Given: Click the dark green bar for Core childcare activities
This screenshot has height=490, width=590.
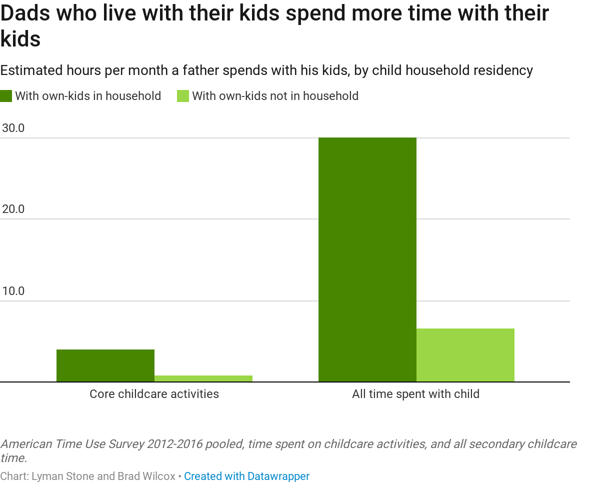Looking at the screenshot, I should click(x=105, y=365).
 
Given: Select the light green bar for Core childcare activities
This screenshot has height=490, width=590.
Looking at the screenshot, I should click(x=203, y=378).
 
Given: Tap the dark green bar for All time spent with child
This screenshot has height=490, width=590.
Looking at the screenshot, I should click(x=367, y=259).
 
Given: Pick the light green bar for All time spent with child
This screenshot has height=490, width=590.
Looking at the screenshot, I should click(x=465, y=355).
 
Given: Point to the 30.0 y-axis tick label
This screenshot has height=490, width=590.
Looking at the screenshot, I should click(x=13, y=128).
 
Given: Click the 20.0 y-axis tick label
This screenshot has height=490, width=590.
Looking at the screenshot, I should click(x=13, y=209).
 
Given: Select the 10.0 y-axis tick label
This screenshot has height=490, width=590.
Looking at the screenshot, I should click(x=13, y=291).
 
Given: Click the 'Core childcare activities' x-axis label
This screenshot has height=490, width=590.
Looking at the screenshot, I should click(x=154, y=394).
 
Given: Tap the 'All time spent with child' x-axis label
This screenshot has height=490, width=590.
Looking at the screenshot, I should click(x=415, y=394).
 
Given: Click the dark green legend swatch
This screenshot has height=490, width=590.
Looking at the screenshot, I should click(x=6, y=96).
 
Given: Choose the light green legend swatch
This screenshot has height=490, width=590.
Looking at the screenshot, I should click(x=183, y=96).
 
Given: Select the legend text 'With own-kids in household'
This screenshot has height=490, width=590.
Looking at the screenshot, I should click(x=88, y=96).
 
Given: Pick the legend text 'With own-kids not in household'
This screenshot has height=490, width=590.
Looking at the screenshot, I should click(x=275, y=96).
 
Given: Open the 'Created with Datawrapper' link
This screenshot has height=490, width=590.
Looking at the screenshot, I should click(x=246, y=476).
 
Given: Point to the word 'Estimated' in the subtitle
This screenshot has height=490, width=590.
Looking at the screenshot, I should click(x=31, y=70).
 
